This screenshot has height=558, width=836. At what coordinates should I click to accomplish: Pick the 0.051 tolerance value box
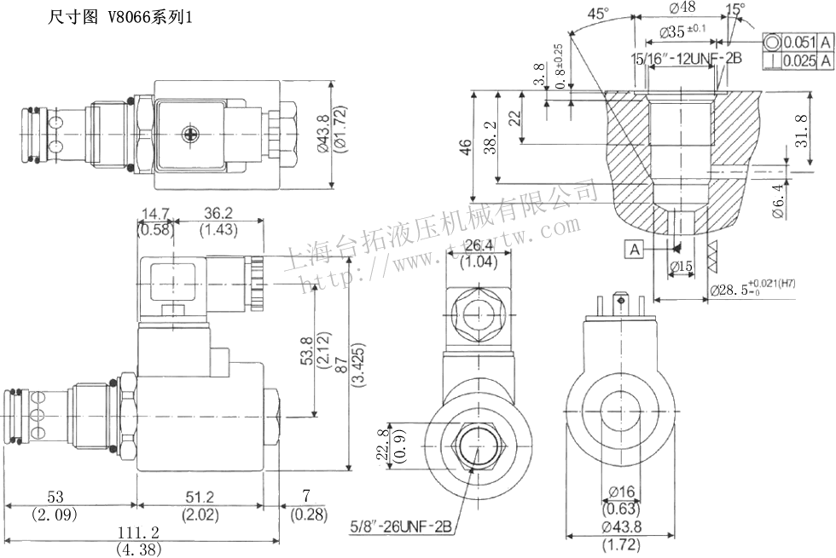800,43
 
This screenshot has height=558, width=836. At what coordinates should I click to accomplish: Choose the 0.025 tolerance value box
800,60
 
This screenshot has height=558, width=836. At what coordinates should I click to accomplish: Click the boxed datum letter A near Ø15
634,249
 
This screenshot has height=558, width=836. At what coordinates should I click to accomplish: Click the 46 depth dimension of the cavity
465,150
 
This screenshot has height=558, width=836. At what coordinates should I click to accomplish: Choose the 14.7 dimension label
155,214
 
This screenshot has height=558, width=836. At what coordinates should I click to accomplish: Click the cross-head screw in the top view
190,134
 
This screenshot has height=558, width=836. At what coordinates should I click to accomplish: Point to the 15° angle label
734,9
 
